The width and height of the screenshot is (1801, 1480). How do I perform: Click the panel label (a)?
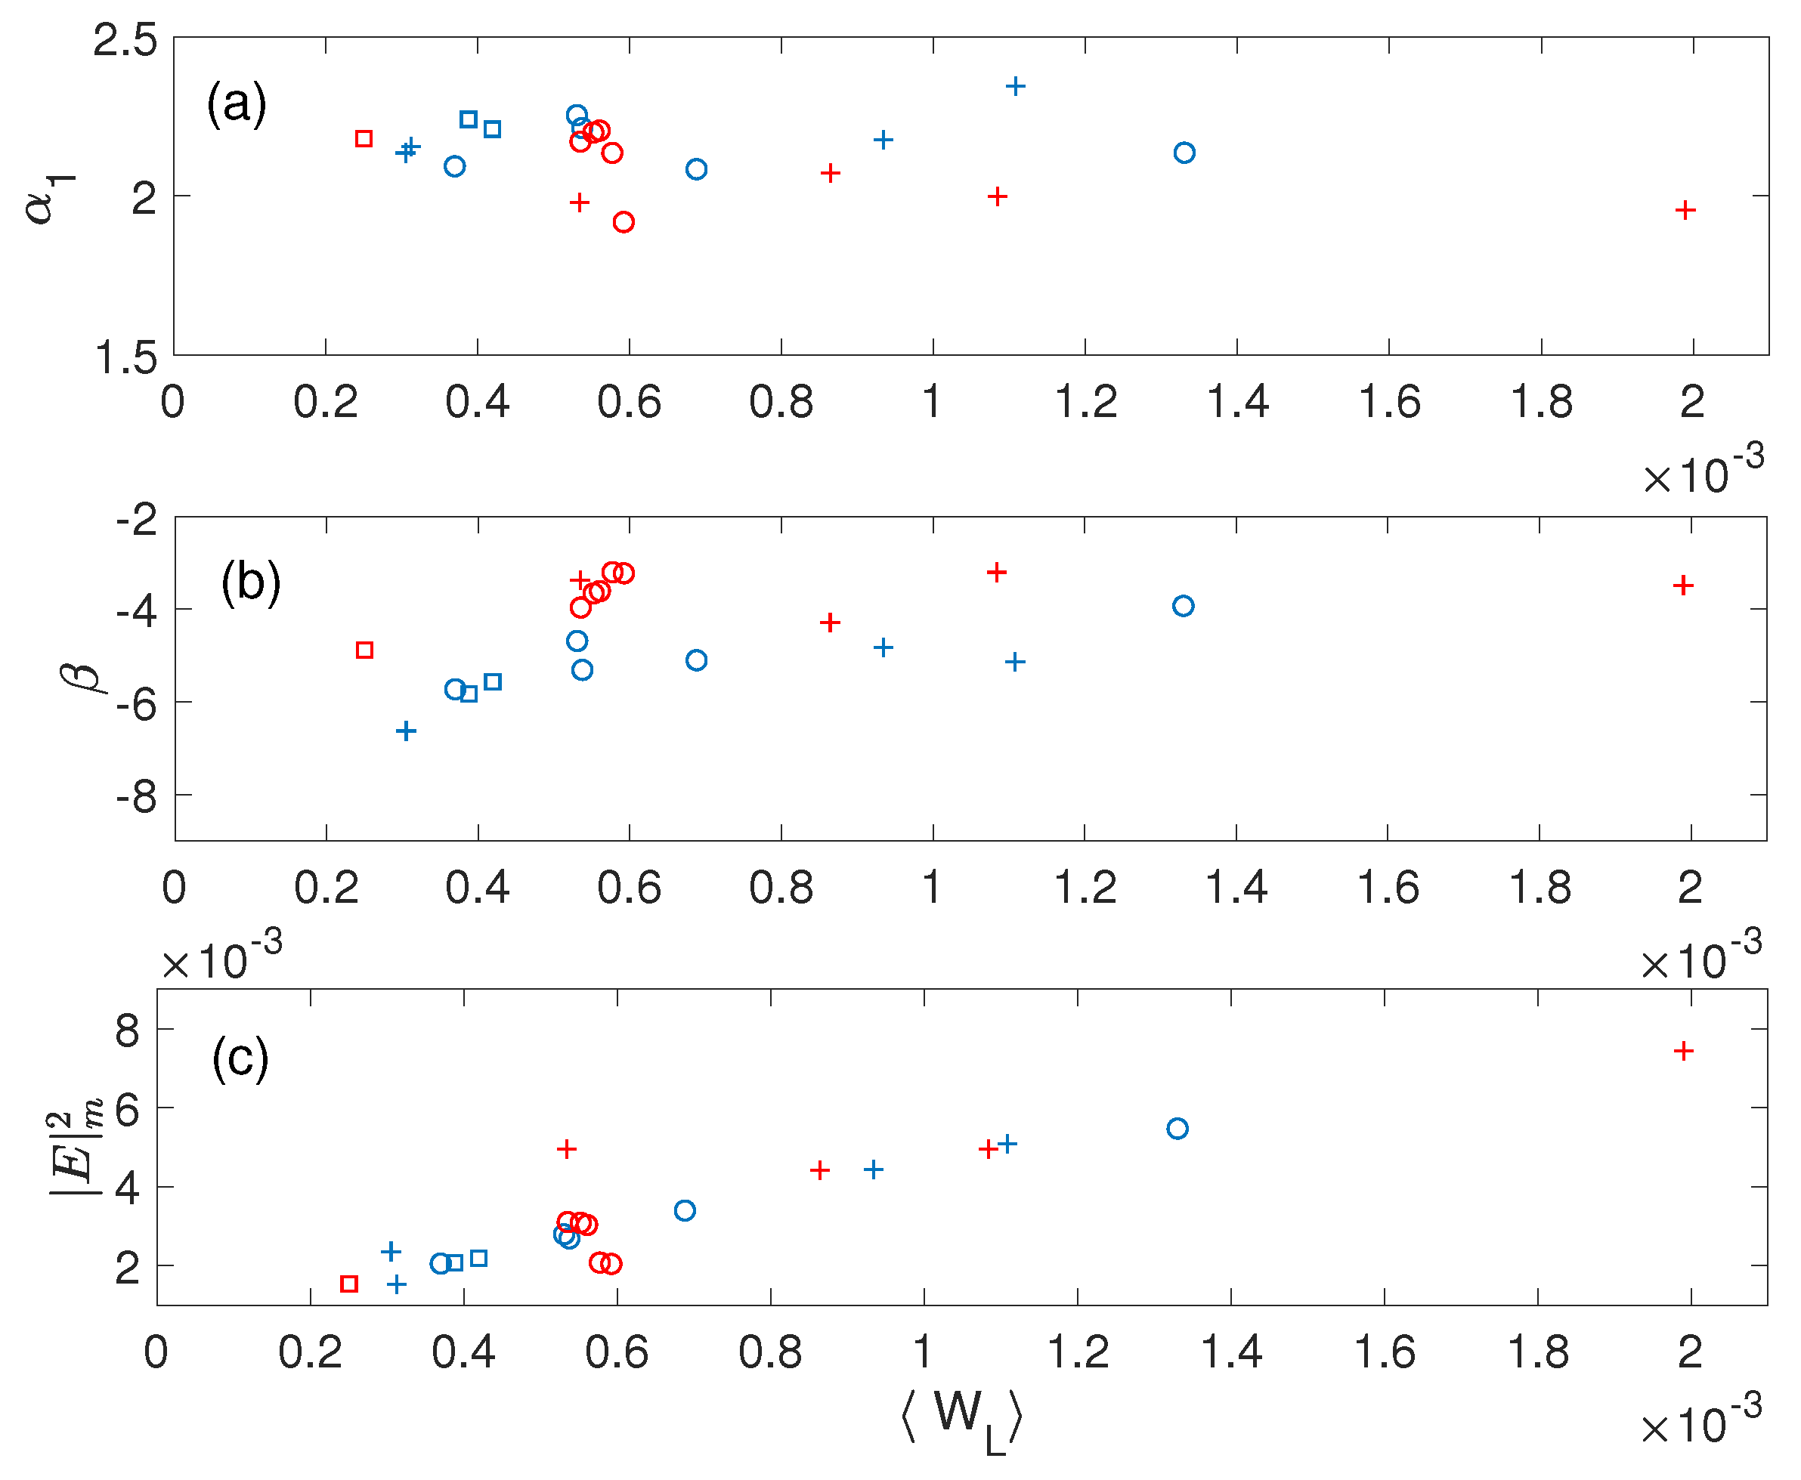click(237, 104)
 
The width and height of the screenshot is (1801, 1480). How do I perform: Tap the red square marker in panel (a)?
click(364, 138)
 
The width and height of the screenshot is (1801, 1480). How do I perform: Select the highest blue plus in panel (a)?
click(1015, 85)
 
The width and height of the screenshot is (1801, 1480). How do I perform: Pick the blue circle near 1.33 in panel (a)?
click(1184, 153)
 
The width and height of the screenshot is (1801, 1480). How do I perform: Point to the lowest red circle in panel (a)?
click(624, 221)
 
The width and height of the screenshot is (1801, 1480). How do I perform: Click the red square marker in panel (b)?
click(364, 650)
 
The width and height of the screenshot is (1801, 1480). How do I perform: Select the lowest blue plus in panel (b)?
click(406, 731)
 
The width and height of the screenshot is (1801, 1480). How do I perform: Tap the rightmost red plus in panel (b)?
click(1682, 585)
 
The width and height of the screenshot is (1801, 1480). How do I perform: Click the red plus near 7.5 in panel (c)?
click(1683, 1051)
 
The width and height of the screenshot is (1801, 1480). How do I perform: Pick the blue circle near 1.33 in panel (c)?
click(1177, 1129)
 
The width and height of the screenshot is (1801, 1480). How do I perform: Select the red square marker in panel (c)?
click(348, 1284)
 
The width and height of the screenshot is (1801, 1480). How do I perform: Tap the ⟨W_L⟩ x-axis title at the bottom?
click(961, 1416)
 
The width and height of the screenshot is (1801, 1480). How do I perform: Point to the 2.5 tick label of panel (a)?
click(125, 40)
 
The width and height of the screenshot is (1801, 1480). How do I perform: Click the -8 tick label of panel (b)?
click(137, 797)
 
